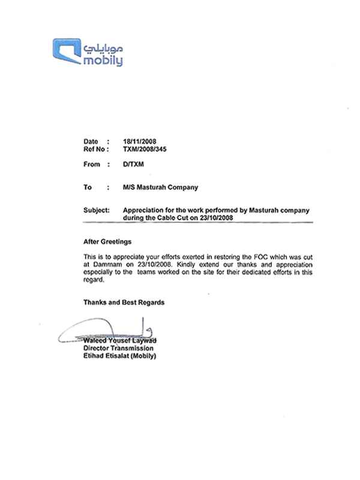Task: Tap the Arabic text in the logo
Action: pos(103,47)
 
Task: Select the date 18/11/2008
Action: pos(139,142)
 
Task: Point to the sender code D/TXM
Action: pos(131,164)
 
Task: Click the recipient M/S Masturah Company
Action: pos(160,187)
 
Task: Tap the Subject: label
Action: pos(96,211)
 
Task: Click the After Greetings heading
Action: pos(107,242)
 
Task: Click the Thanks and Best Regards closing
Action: pos(124,302)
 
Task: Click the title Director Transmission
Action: pos(118,348)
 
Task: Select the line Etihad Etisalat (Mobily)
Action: pos(119,355)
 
